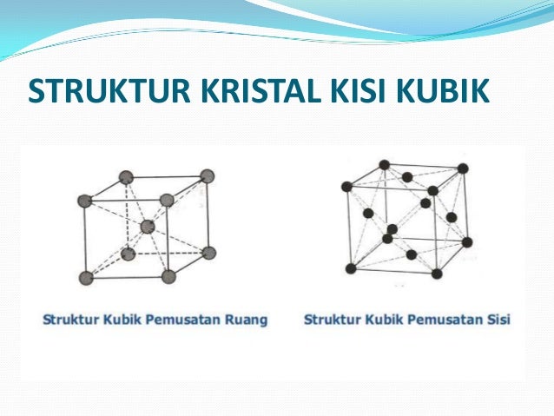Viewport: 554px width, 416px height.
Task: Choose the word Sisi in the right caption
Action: [498, 320]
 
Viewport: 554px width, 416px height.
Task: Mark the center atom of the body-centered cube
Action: [147, 227]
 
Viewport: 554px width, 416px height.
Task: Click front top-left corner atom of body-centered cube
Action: [84, 201]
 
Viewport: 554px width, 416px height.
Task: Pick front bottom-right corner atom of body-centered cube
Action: [168, 277]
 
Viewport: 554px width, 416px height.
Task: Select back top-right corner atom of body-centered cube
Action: [207, 176]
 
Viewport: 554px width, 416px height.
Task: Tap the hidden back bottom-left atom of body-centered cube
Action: [129, 254]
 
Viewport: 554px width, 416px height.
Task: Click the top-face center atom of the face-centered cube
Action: [406, 177]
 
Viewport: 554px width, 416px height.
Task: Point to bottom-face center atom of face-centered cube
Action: [411, 254]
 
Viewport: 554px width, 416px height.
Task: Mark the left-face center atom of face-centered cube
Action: [368, 213]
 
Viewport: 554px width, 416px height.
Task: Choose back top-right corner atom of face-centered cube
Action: [463, 168]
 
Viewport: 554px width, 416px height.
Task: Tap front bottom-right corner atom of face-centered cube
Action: [436, 274]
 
